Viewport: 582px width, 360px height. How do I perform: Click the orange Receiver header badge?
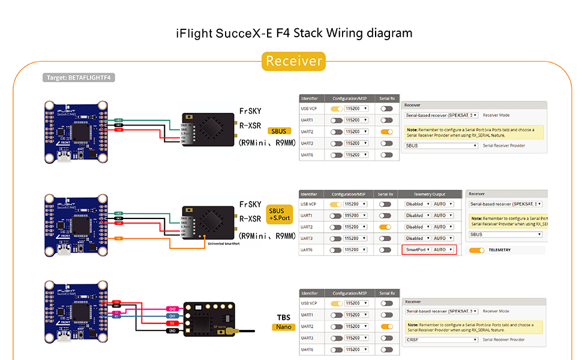tap(294, 61)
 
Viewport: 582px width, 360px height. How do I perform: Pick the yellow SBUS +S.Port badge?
tap(277, 214)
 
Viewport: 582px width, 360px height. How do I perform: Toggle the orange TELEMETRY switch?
tap(477, 250)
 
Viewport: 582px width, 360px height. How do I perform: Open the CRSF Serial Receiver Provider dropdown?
tap(442, 340)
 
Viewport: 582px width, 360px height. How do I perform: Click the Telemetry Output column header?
tap(430, 194)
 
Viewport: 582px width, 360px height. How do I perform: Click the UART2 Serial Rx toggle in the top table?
tap(386, 131)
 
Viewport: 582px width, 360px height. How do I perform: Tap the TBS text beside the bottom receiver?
tap(283, 317)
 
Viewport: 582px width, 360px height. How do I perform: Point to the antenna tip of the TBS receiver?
tap(255, 331)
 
